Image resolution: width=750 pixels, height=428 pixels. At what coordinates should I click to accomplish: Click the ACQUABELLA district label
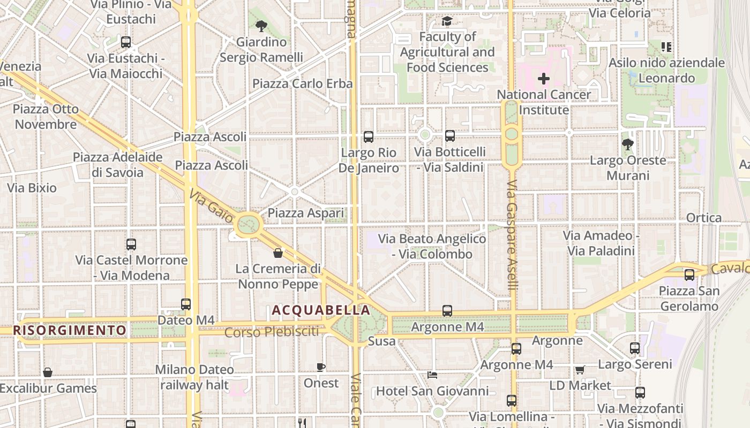click(x=320, y=310)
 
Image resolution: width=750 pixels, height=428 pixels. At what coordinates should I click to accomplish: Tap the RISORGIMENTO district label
click(x=70, y=330)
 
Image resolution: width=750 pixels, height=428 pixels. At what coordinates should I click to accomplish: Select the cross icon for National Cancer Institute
click(x=544, y=79)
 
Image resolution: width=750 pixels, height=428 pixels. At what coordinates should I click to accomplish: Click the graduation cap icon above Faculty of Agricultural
click(x=447, y=21)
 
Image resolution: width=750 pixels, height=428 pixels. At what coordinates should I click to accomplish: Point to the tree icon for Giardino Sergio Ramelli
click(x=261, y=26)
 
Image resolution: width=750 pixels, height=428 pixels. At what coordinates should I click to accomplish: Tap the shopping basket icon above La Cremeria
click(x=278, y=253)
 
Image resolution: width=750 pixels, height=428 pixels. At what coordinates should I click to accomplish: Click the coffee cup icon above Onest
click(x=321, y=367)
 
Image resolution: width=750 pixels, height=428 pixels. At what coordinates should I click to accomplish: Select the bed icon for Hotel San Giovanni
click(x=432, y=375)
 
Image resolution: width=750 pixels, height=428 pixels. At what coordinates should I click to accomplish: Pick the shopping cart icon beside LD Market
click(x=580, y=370)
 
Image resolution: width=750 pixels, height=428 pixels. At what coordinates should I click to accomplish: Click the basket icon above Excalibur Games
click(x=48, y=372)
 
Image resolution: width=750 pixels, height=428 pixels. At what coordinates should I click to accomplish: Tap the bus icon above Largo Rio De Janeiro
click(x=369, y=137)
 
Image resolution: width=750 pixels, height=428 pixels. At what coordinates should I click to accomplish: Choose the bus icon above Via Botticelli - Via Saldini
click(x=450, y=136)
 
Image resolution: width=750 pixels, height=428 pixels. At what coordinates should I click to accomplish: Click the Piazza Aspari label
click(x=306, y=213)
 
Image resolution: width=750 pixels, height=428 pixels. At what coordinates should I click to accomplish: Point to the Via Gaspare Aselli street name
click(x=512, y=235)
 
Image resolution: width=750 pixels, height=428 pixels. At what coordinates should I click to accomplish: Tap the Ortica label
click(x=704, y=218)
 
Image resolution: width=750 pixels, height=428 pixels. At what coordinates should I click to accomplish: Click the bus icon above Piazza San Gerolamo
click(x=689, y=275)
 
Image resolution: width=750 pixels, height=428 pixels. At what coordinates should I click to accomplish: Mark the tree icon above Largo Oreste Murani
click(x=627, y=144)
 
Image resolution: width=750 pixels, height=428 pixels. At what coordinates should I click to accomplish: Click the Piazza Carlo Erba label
click(x=303, y=83)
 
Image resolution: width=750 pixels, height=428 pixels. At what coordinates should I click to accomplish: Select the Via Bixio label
click(x=32, y=188)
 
